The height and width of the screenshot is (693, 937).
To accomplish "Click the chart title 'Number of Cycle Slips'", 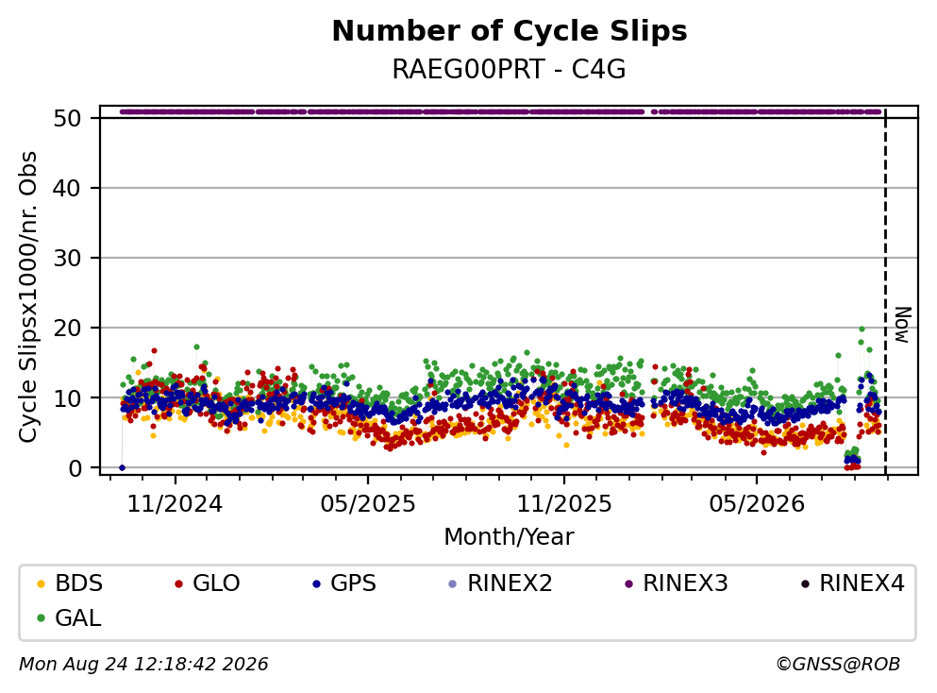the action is (x=510, y=31).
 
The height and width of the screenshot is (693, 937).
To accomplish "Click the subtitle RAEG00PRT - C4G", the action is (x=510, y=69).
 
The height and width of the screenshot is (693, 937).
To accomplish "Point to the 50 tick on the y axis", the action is (x=68, y=118).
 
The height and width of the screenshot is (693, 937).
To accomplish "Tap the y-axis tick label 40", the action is (x=68, y=188).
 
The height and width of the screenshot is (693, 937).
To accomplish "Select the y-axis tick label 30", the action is (x=68, y=259).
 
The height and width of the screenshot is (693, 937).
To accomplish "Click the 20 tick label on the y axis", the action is (x=68, y=329).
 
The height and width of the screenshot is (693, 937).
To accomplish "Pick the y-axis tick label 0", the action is (x=75, y=468).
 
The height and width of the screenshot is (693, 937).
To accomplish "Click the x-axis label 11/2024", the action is (x=176, y=504).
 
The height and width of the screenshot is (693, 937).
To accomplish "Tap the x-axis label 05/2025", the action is (x=367, y=504).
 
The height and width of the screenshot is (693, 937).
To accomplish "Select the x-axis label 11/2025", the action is (x=564, y=504).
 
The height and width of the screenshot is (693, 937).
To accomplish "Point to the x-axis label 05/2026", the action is (x=757, y=504).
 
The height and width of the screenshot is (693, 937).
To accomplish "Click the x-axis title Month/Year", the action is (x=510, y=537).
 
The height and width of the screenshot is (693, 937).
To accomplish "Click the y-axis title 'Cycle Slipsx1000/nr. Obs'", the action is (x=28, y=296).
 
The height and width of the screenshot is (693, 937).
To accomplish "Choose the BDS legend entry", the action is (x=70, y=583).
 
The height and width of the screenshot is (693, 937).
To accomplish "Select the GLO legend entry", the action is (x=208, y=583).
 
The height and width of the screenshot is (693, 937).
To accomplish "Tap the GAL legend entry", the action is (x=69, y=617).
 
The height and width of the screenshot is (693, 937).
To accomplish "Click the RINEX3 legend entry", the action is (x=677, y=583).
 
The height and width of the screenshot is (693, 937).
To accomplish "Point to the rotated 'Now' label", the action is (x=903, y=325).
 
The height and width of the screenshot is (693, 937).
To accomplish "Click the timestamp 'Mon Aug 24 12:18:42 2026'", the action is (x=144, y=665).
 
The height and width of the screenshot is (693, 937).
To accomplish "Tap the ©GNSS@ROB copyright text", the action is (x=838, y=665).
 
